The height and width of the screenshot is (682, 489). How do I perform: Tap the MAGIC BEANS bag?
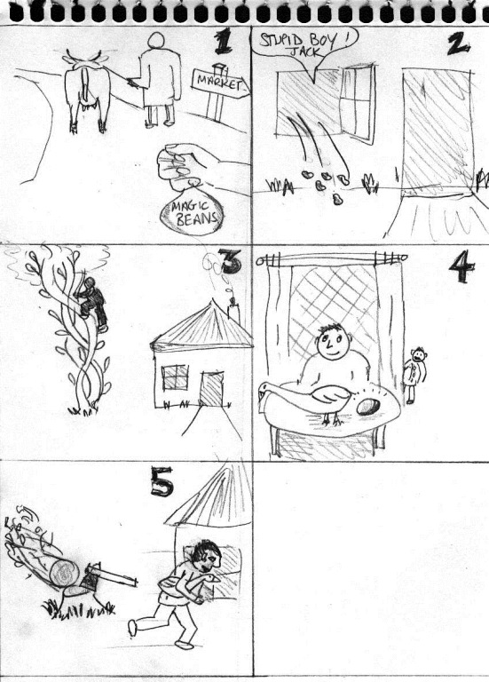point(192,211)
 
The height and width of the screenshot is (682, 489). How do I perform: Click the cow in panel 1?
point(87,89)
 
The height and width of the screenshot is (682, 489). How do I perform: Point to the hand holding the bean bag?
point(195,165)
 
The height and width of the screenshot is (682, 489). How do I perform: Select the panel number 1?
point(223,43)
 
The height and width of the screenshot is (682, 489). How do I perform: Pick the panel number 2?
point(458,44)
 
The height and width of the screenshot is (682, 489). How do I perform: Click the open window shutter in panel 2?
point(358,103)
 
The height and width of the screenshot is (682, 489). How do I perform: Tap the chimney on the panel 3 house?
point(233,311)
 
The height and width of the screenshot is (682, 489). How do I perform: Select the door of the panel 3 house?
point(212,389)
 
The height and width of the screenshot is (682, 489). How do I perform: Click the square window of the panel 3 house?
point(175,377)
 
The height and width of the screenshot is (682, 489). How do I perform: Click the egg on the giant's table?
point(367,407)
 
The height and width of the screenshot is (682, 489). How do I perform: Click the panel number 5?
point(162,481)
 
